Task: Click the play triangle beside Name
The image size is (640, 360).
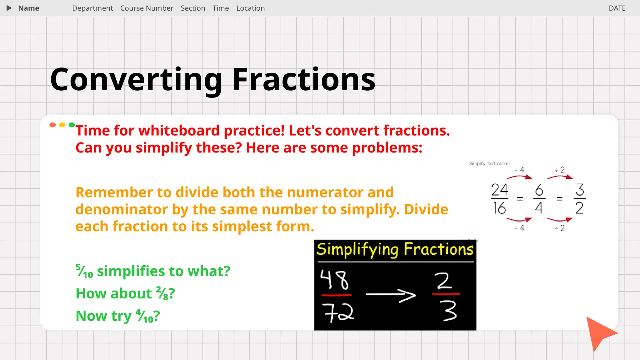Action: point(9,8)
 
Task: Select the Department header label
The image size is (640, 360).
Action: point(92,8)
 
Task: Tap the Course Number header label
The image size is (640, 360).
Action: point(147,8)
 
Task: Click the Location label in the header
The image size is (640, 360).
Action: point(250,8)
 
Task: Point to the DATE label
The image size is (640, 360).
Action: point(617,8)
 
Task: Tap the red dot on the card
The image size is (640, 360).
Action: point(52,125)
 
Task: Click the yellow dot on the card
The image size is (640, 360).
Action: point(62,125)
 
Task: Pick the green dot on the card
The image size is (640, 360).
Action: point(72,125)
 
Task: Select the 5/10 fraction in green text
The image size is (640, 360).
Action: point(84,271)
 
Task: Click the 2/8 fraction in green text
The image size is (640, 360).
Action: point(162,294)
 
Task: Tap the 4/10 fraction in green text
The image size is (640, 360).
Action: point(144,316)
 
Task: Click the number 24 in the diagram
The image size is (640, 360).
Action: point(499,190)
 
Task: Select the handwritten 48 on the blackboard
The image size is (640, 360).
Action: point(334,280)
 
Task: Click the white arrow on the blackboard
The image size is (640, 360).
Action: point(391,295)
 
